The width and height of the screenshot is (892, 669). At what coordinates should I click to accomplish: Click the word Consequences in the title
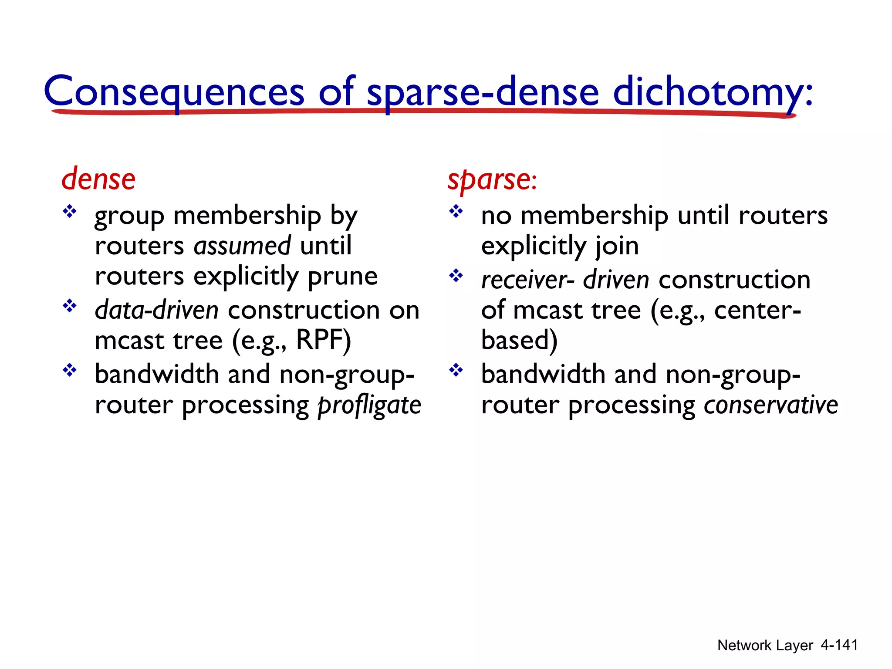point(174,91)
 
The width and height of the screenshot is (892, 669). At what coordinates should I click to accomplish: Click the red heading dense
point(98,179)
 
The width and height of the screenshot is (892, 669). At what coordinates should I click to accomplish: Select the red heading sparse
point(489,179)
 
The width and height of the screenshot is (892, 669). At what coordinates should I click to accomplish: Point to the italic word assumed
point(242,246)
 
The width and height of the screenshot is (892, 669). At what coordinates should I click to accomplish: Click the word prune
point(342,276)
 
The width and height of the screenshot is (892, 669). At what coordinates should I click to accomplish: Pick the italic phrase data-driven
point(157,310)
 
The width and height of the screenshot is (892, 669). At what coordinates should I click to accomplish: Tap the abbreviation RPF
point(323,340)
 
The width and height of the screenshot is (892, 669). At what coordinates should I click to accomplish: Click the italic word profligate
point(369,405)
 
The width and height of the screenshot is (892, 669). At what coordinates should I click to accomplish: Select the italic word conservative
point(770,405)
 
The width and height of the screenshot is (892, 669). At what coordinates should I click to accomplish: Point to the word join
point(617,246)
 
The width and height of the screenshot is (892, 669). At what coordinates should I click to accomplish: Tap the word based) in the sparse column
point(519,340)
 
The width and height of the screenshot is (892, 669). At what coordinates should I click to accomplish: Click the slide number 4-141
point(839,645)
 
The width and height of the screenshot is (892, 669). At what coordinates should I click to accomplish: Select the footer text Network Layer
point(765,645)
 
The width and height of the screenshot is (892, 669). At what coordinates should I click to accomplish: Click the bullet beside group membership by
point(69,212)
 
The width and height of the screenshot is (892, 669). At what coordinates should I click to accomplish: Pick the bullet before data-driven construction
point(69,306)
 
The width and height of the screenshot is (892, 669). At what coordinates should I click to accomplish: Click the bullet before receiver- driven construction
point(456,275)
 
